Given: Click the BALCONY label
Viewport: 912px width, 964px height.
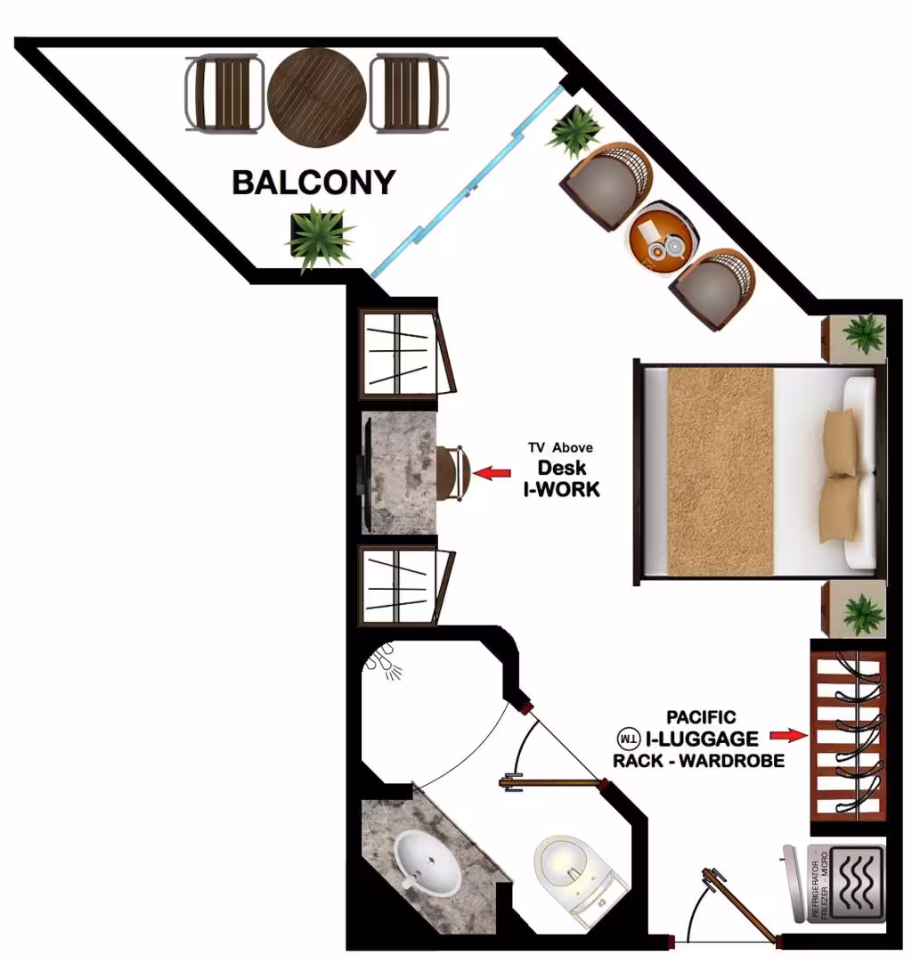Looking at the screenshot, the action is pos(313,183).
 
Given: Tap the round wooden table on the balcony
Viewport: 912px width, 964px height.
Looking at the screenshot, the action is pos(317,97).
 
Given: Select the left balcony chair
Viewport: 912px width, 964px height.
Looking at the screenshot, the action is pos(225,94).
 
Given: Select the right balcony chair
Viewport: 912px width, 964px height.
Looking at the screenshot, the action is pos(410,94).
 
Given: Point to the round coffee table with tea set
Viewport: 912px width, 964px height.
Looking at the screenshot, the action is pos(663,240).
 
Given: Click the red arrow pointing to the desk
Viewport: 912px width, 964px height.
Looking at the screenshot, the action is pos(492,473).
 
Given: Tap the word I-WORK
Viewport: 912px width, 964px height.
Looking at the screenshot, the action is pos(562,489).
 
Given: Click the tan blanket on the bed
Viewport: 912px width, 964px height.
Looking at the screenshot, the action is pos(721,471).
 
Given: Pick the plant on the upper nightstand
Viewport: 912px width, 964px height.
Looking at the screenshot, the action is pos(864,334).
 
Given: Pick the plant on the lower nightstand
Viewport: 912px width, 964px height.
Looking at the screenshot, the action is pos(864,613).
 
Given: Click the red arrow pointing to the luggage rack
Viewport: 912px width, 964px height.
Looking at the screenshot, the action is pos(789,735).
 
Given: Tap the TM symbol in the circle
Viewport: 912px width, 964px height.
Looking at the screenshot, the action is pos(629,739).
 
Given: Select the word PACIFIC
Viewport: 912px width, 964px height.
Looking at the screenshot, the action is pos(701,717).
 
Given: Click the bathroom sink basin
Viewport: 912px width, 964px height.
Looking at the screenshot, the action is pos(427,862).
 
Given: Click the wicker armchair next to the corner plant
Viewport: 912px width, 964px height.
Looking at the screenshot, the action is pos(606,184).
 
